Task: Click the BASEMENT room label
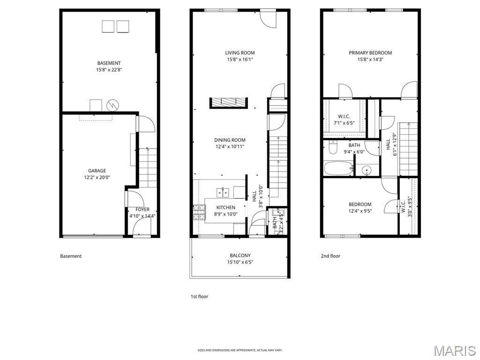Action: click(109, 63)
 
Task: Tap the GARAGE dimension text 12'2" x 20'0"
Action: click(97, 178)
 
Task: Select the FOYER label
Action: click(142, 210)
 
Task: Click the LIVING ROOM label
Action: click(240, 53)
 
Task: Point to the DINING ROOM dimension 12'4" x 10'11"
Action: click(230, 147)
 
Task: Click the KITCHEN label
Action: click(225, 208)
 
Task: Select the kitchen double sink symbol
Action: click(222, 192)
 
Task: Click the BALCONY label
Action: click(240, 255)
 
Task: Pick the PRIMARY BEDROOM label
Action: click(370, 53)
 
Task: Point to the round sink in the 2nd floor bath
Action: click(367, 169)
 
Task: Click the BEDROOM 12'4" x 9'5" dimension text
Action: click(360, 211)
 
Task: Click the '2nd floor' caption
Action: click(330, 256)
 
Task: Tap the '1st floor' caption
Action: click(199, 297)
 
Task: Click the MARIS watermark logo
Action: click(454, 351)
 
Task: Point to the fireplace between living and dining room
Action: click(228, 103)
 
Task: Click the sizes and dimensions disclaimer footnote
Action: click(240, 350)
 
